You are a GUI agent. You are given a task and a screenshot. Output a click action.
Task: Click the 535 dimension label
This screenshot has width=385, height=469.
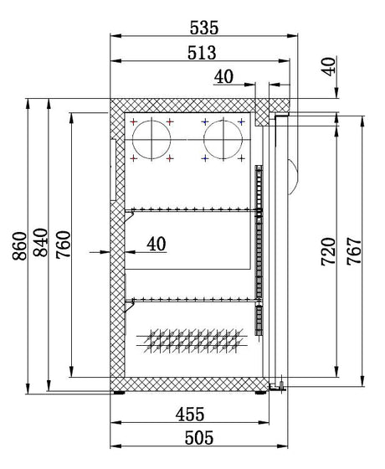point(204,28)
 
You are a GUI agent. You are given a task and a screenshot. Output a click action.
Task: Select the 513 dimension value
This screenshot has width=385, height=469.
point(202,53)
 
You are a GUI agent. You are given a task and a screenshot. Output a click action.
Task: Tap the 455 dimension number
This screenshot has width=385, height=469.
point(190,415)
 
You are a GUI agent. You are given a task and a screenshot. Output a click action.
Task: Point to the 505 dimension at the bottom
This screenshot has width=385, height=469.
point(199,438)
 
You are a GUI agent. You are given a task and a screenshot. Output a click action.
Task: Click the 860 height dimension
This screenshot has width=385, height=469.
point(20,246)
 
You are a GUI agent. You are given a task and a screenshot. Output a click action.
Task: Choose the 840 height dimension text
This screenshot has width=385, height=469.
point(40,243)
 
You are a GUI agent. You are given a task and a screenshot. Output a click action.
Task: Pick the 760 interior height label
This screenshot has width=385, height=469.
point(64,244)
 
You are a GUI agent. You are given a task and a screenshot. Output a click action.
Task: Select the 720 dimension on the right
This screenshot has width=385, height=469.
point(328,251)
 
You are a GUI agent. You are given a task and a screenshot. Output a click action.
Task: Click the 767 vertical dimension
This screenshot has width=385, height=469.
point(354,251)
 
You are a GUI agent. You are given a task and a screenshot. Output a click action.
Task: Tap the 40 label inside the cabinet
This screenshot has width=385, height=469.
point(157,244)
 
